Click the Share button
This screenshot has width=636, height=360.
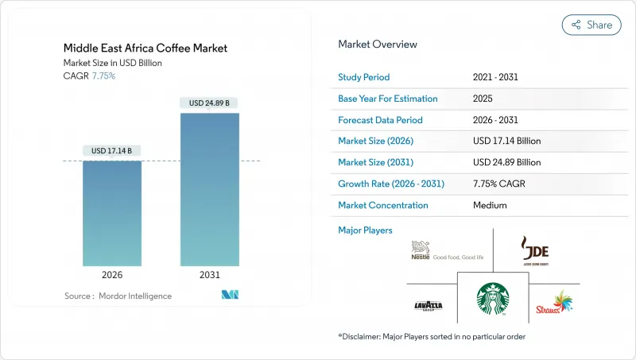[x=591, y=25]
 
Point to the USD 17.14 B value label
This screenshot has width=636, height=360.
[x=112, y=151]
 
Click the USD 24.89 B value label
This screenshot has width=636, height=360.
[x=210, y=103]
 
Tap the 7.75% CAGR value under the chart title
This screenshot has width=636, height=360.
[x=103, y=75]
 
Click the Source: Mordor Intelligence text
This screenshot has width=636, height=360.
[x=118, y=296]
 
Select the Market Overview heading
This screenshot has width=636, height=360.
[x=378, y=45]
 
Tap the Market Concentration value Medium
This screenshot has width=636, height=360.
[x=490, y=205]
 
